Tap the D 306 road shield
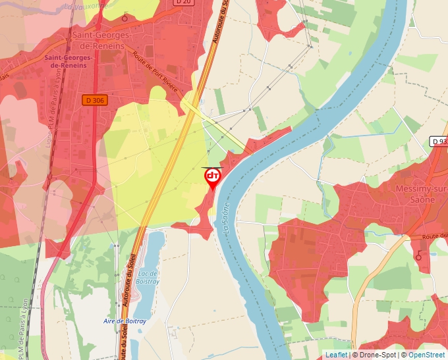[95, 100]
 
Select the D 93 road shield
[439, 141]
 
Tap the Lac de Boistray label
[148, 277]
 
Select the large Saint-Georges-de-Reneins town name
[99, 41]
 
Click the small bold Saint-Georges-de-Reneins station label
[69, 62]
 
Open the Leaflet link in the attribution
[336, 355]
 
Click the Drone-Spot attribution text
[374, 355]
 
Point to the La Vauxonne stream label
[86, 5]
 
